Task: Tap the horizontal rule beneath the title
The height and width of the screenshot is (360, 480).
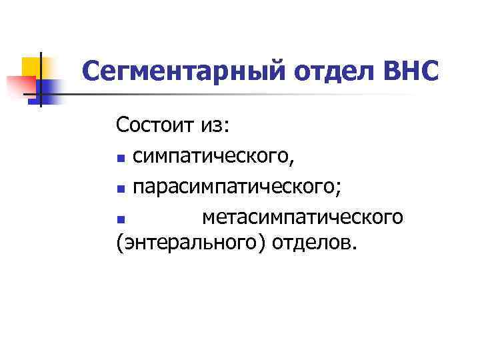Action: tap(267, 93)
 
